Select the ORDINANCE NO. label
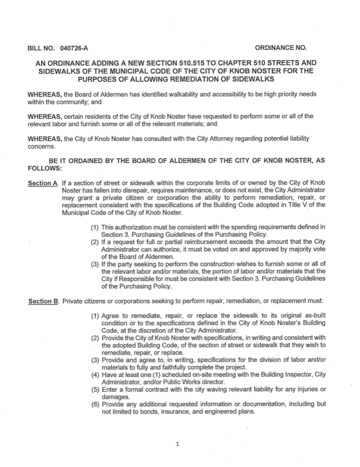(281, 47)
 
